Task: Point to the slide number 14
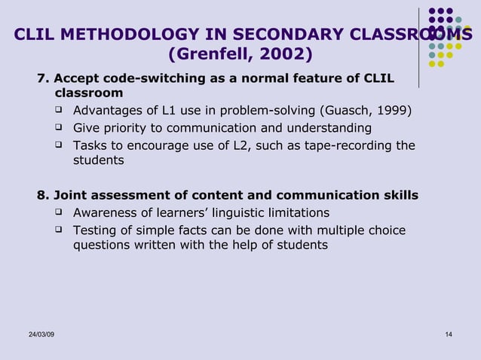(449, 334)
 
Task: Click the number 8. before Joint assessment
(44, 196)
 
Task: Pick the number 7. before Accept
(44, 78)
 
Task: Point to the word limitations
(295, 212)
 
